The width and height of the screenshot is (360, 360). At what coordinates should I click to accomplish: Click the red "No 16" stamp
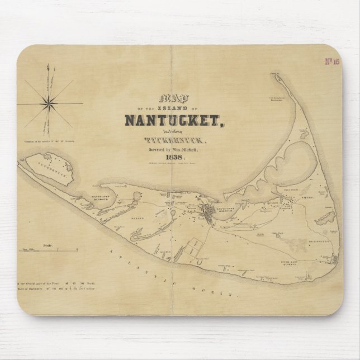(332, 61)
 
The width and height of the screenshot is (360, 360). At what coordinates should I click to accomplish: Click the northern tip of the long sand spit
(273, 75)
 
